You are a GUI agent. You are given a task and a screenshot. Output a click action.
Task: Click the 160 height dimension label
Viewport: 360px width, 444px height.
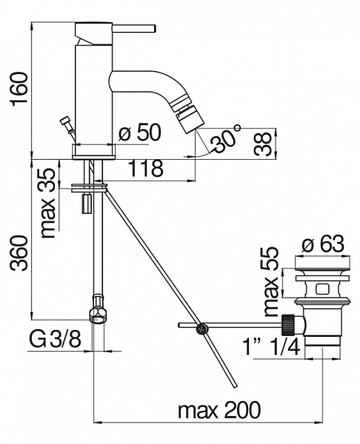(20, 89)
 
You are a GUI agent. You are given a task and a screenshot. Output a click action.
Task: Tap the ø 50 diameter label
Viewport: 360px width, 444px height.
(140, 132)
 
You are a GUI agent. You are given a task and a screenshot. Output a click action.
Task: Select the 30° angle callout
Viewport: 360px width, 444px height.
(226, 139)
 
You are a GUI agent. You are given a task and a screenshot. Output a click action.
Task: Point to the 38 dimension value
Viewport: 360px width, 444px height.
(262, 144)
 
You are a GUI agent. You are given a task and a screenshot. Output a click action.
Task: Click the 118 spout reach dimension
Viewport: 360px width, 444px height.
(146, 169)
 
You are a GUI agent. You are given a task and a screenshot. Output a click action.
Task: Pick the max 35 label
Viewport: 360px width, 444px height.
(47, 203)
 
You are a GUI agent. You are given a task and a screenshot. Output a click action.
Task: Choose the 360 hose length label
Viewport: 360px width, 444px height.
(20, 253)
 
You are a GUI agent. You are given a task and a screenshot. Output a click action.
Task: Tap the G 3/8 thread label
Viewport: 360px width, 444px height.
(56, 340)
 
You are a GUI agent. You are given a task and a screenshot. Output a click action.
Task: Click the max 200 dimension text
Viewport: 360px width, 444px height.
(219, 410)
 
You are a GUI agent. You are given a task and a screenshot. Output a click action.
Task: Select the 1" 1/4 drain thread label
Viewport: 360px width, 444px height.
(272, 347)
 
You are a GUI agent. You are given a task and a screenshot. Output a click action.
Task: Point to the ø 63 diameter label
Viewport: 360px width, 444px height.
(323, 243)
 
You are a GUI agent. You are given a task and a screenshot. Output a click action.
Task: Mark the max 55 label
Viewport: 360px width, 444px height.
(271, 282)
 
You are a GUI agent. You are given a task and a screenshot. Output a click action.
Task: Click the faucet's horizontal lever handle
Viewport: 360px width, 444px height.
(134, 29)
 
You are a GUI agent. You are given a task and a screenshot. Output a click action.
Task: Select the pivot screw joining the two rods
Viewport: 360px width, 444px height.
(201, 329)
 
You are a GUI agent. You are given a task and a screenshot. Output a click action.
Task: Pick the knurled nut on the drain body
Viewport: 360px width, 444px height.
(288, 325)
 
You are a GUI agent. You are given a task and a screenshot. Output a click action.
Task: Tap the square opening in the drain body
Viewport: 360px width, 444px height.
(322, 289)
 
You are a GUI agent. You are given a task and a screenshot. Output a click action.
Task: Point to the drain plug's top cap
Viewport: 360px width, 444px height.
(323, 263)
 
